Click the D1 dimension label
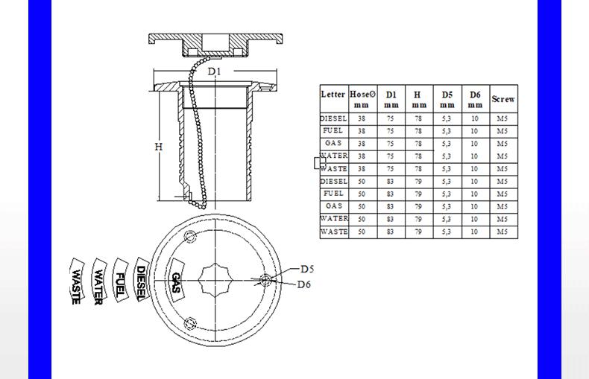click(215, 71)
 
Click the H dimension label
click(159, 147)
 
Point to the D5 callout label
click(307, 269)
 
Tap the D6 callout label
click(304, 284)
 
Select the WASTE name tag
click(77, 281)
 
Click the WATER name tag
click(98, 281)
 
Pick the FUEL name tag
click(120, 280)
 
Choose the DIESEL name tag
click(142, 279)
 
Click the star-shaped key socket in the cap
click(215, 280)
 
